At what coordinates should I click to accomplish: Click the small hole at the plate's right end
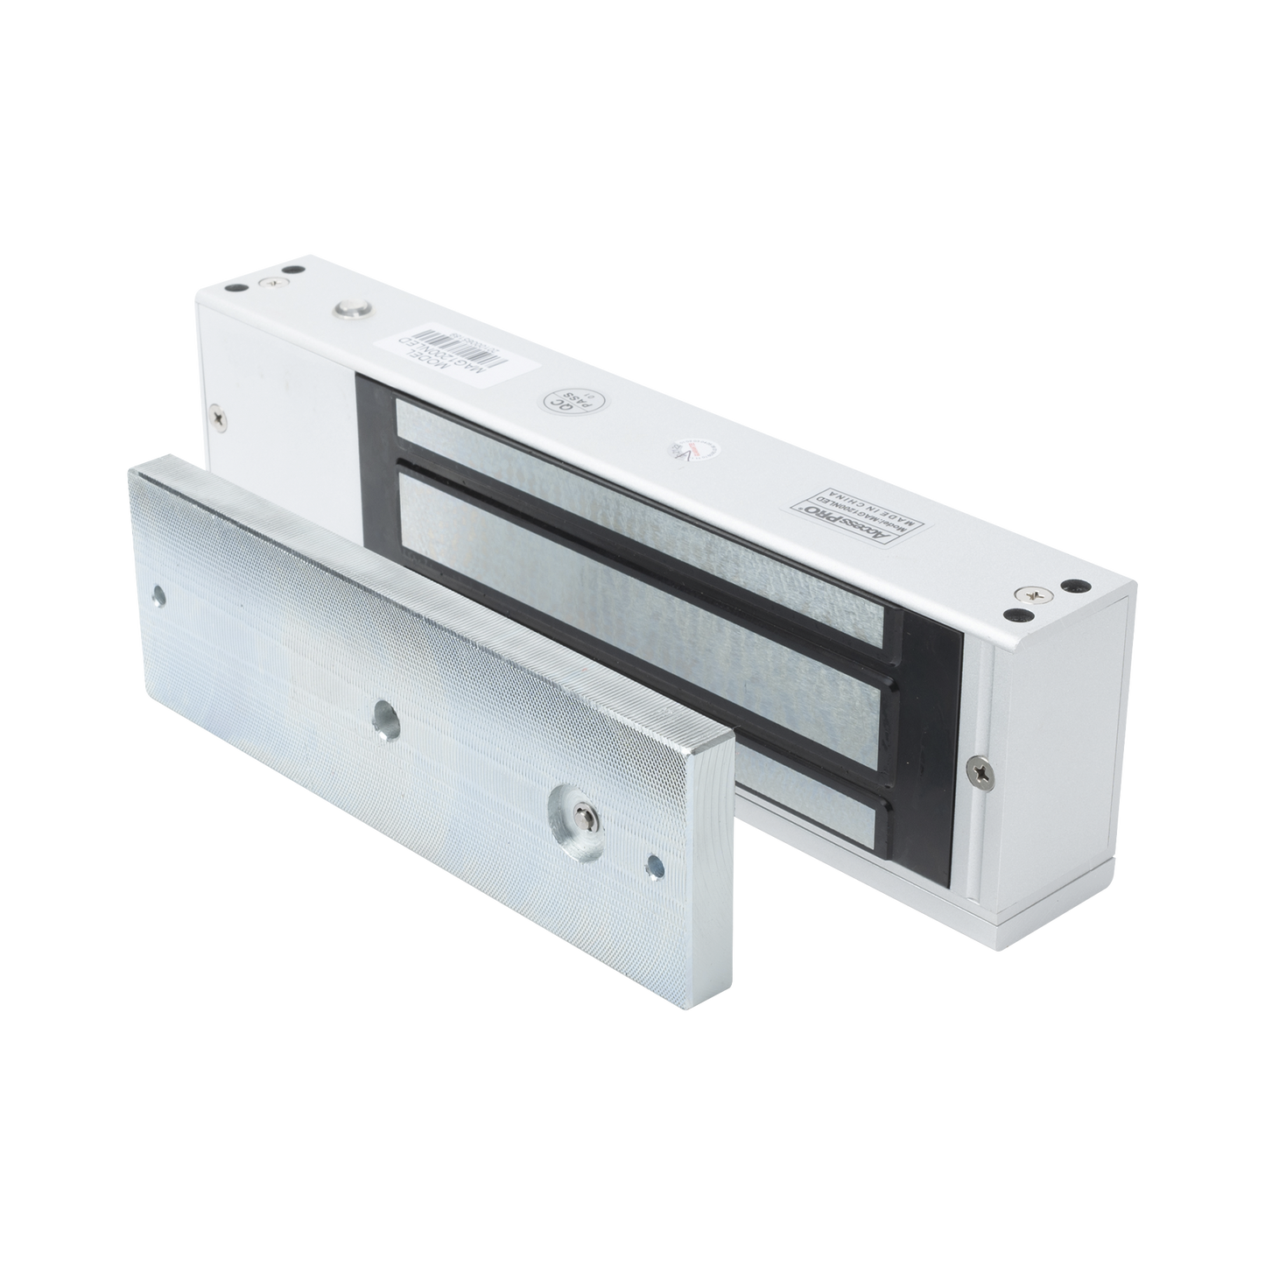tap(652, 868)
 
